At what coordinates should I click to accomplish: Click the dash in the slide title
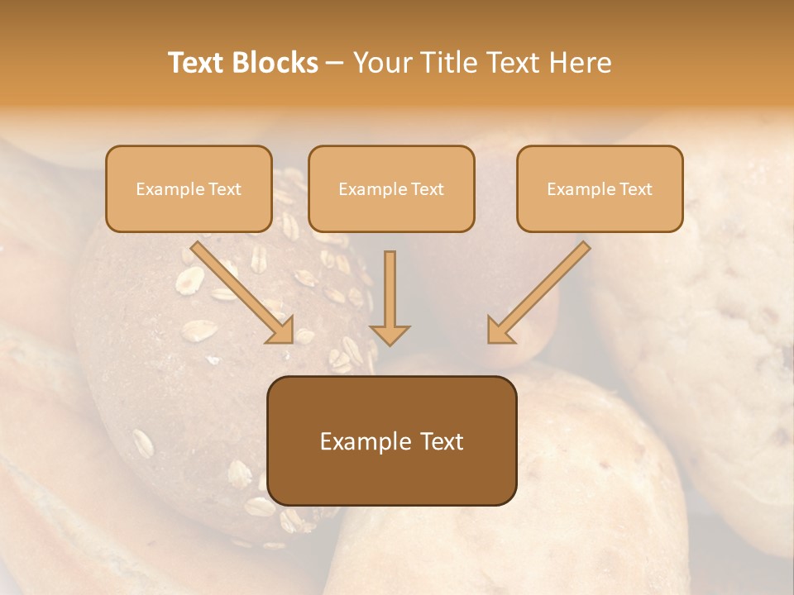335,64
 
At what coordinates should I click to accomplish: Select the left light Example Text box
189,189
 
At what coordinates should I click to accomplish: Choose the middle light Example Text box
391,189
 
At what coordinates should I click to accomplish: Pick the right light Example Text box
600,189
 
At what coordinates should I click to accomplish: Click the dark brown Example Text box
392,440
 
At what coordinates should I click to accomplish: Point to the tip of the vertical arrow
390,342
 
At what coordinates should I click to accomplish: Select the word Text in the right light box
635,189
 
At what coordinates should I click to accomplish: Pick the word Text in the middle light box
427,189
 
